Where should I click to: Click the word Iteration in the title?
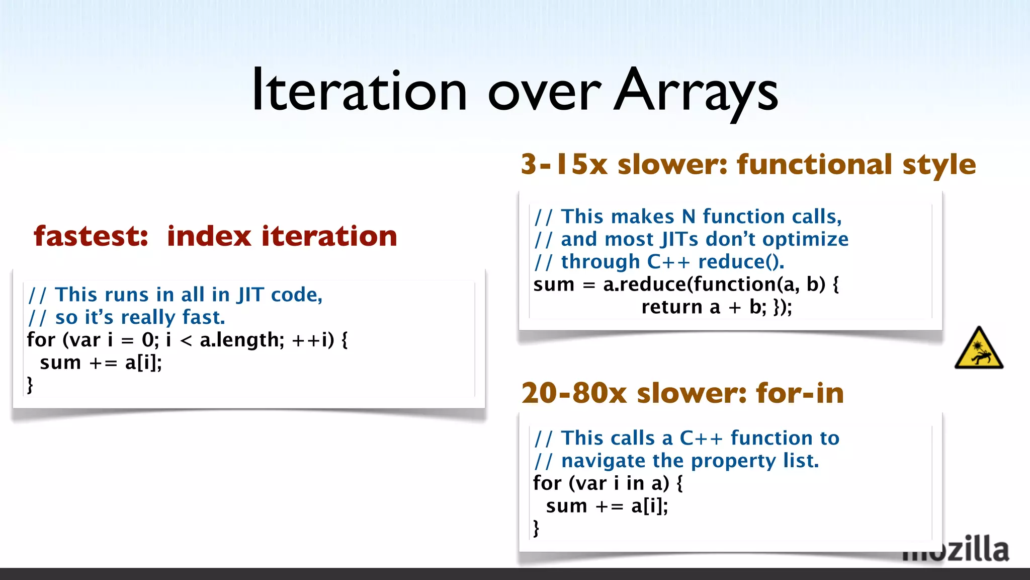pos(359,91)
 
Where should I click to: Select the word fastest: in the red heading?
pos(91,236)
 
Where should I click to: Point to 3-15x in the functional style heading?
pos(564,165)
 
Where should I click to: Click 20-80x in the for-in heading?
pos(574,393)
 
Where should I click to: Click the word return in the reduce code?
pos(671,307)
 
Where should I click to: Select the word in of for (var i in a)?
pos(635,484)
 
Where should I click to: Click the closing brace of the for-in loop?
pos(536,528)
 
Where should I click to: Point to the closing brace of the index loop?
pos(30,385)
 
